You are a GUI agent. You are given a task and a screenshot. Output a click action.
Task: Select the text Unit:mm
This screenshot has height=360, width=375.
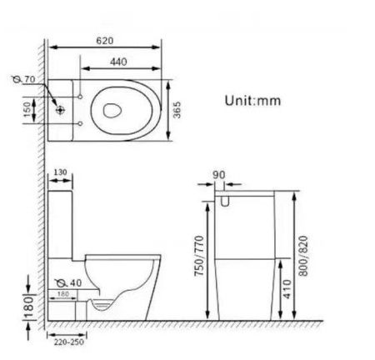[253, 100]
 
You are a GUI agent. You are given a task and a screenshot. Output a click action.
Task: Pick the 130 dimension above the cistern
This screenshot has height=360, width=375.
[60, 172]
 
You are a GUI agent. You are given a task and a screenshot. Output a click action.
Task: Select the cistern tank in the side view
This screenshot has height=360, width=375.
[63, 221]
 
